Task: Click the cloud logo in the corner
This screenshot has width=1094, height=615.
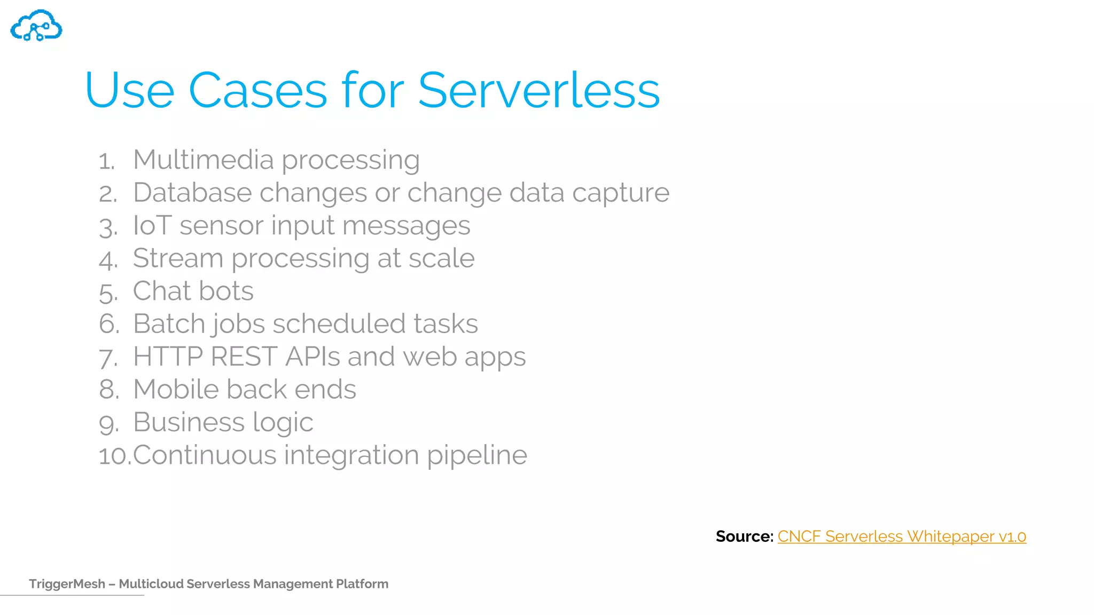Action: click(x=36, y=26)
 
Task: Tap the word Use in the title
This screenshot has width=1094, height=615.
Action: click(x=129, y=90)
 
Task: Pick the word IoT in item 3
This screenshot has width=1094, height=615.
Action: click(x=152, y=225)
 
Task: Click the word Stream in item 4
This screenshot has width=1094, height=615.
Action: click(x=178, y=258)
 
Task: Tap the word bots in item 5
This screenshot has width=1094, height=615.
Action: click(x=226, y=291)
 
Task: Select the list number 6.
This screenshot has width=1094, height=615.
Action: click(x=109, y=324)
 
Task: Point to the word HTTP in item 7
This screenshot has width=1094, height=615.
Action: click(x=168, y=357)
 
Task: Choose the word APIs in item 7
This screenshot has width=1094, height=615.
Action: click(x=312, y=357)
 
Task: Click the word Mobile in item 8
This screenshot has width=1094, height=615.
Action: click(x=176, y=389)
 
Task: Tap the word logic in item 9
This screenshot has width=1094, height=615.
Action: click(x=283, y=423)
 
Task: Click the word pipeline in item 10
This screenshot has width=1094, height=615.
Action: click(x=476, y=456)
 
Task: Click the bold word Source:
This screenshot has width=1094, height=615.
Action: click(x=744, y=536)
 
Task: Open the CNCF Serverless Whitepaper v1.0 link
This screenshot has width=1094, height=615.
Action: click(x=901, y=536)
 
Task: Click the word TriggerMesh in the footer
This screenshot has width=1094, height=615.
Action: click(x=67, y=584)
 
